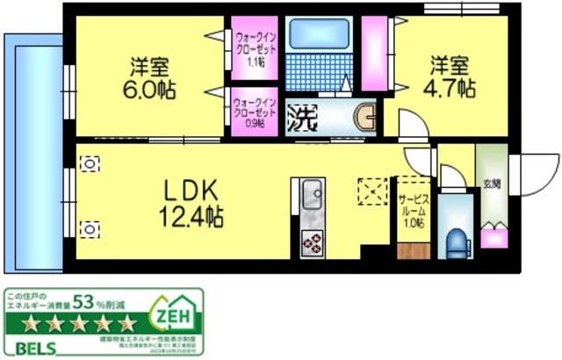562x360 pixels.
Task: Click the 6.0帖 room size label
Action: [x=150, y=88]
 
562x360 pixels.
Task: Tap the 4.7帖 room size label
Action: [x=452, y=88]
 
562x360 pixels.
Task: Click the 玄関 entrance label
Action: [x=492, y=184]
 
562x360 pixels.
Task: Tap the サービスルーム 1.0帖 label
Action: [x=412, y=211]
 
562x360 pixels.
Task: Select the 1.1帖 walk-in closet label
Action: [x=255, y=50]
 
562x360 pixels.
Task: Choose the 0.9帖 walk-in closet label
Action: [x=255, y=111]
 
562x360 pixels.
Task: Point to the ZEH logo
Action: [x=174, y=313]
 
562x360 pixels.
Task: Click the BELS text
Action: [x=32, y=348]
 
